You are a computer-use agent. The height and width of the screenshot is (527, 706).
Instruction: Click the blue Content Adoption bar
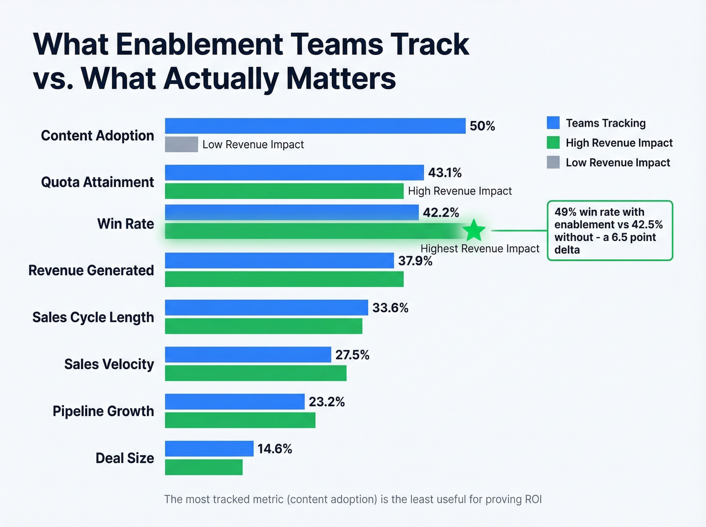[x=315, y=126]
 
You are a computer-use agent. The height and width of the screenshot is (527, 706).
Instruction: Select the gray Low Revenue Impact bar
[x=182, y=144]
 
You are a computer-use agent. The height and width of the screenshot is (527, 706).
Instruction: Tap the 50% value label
[x=482, y=126]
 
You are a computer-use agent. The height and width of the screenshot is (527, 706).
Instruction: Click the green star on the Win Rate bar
[x=474, y=230]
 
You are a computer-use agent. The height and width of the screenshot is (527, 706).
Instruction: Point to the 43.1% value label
[x=445, y=173]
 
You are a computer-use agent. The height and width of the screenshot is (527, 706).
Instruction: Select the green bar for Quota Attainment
[x=284, y=191]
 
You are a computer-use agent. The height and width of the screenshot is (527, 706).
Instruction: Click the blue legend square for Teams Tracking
[x=553, y=123]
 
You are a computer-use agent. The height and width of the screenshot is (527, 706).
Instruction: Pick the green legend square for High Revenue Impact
[x=553, y=143]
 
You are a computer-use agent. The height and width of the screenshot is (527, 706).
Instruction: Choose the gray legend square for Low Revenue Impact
[x=553, y=162]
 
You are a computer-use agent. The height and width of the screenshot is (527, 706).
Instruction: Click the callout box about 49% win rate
[x=610, y=230]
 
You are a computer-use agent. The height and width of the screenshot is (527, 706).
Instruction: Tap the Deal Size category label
[x=125, y=458]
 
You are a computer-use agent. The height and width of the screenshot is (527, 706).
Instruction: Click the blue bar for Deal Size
[x=209, y=448]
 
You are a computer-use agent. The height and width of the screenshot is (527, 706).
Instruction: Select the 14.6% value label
[x=275, y=449]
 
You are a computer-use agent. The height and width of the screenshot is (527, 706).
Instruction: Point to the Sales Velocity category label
[x=109, y=364]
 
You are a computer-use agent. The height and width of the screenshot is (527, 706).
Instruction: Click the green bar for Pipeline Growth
[x=240, y=420]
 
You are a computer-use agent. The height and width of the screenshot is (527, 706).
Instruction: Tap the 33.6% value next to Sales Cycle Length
[x=390, y=308]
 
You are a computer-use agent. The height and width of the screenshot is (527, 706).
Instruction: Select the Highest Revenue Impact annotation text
[x=480, y=249]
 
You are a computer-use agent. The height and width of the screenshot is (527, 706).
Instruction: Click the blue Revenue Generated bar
[x=279, y=261]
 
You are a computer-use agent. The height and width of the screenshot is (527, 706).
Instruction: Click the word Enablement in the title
[x=199, y=44]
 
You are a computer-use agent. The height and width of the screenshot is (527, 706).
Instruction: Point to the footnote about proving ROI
[x=353, y=499]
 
